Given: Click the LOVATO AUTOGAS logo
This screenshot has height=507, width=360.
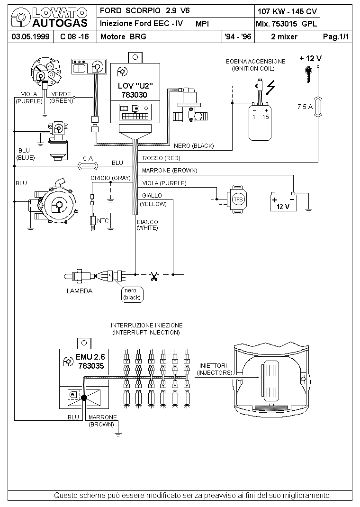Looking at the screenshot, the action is pos(49,18).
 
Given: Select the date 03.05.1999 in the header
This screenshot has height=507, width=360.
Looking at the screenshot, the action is pos(30,36).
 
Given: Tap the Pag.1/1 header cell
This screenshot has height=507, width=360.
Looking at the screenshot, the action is pos(336,36).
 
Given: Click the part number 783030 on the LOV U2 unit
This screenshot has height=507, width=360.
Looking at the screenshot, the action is pos(134,95).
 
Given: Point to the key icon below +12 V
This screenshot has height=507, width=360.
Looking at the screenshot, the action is pos(309,74).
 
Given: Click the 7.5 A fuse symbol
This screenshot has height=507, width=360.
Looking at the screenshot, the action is pos(318,107).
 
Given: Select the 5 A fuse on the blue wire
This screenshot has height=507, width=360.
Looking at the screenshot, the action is pos(88,166).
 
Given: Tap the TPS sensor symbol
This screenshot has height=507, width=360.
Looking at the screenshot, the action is pos(238,199).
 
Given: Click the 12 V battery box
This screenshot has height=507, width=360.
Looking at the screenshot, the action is pos(283,202).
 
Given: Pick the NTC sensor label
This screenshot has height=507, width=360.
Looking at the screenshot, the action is pos(103,221).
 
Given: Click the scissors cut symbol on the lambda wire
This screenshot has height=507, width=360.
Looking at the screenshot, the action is pos(154,276).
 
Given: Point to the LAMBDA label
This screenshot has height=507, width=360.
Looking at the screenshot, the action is pos(80,291).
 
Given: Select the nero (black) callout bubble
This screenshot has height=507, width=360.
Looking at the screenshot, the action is pos(132,294).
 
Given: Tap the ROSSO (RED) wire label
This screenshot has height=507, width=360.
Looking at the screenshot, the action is pos(161,158).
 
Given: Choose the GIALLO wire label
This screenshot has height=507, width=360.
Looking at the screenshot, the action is pos(152,196).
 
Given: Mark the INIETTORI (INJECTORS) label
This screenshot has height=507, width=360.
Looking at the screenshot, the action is pos(215,369).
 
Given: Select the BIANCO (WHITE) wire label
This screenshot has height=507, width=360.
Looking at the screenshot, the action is pos(147,225).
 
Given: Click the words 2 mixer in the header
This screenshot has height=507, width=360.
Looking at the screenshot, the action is pos(284,36).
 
